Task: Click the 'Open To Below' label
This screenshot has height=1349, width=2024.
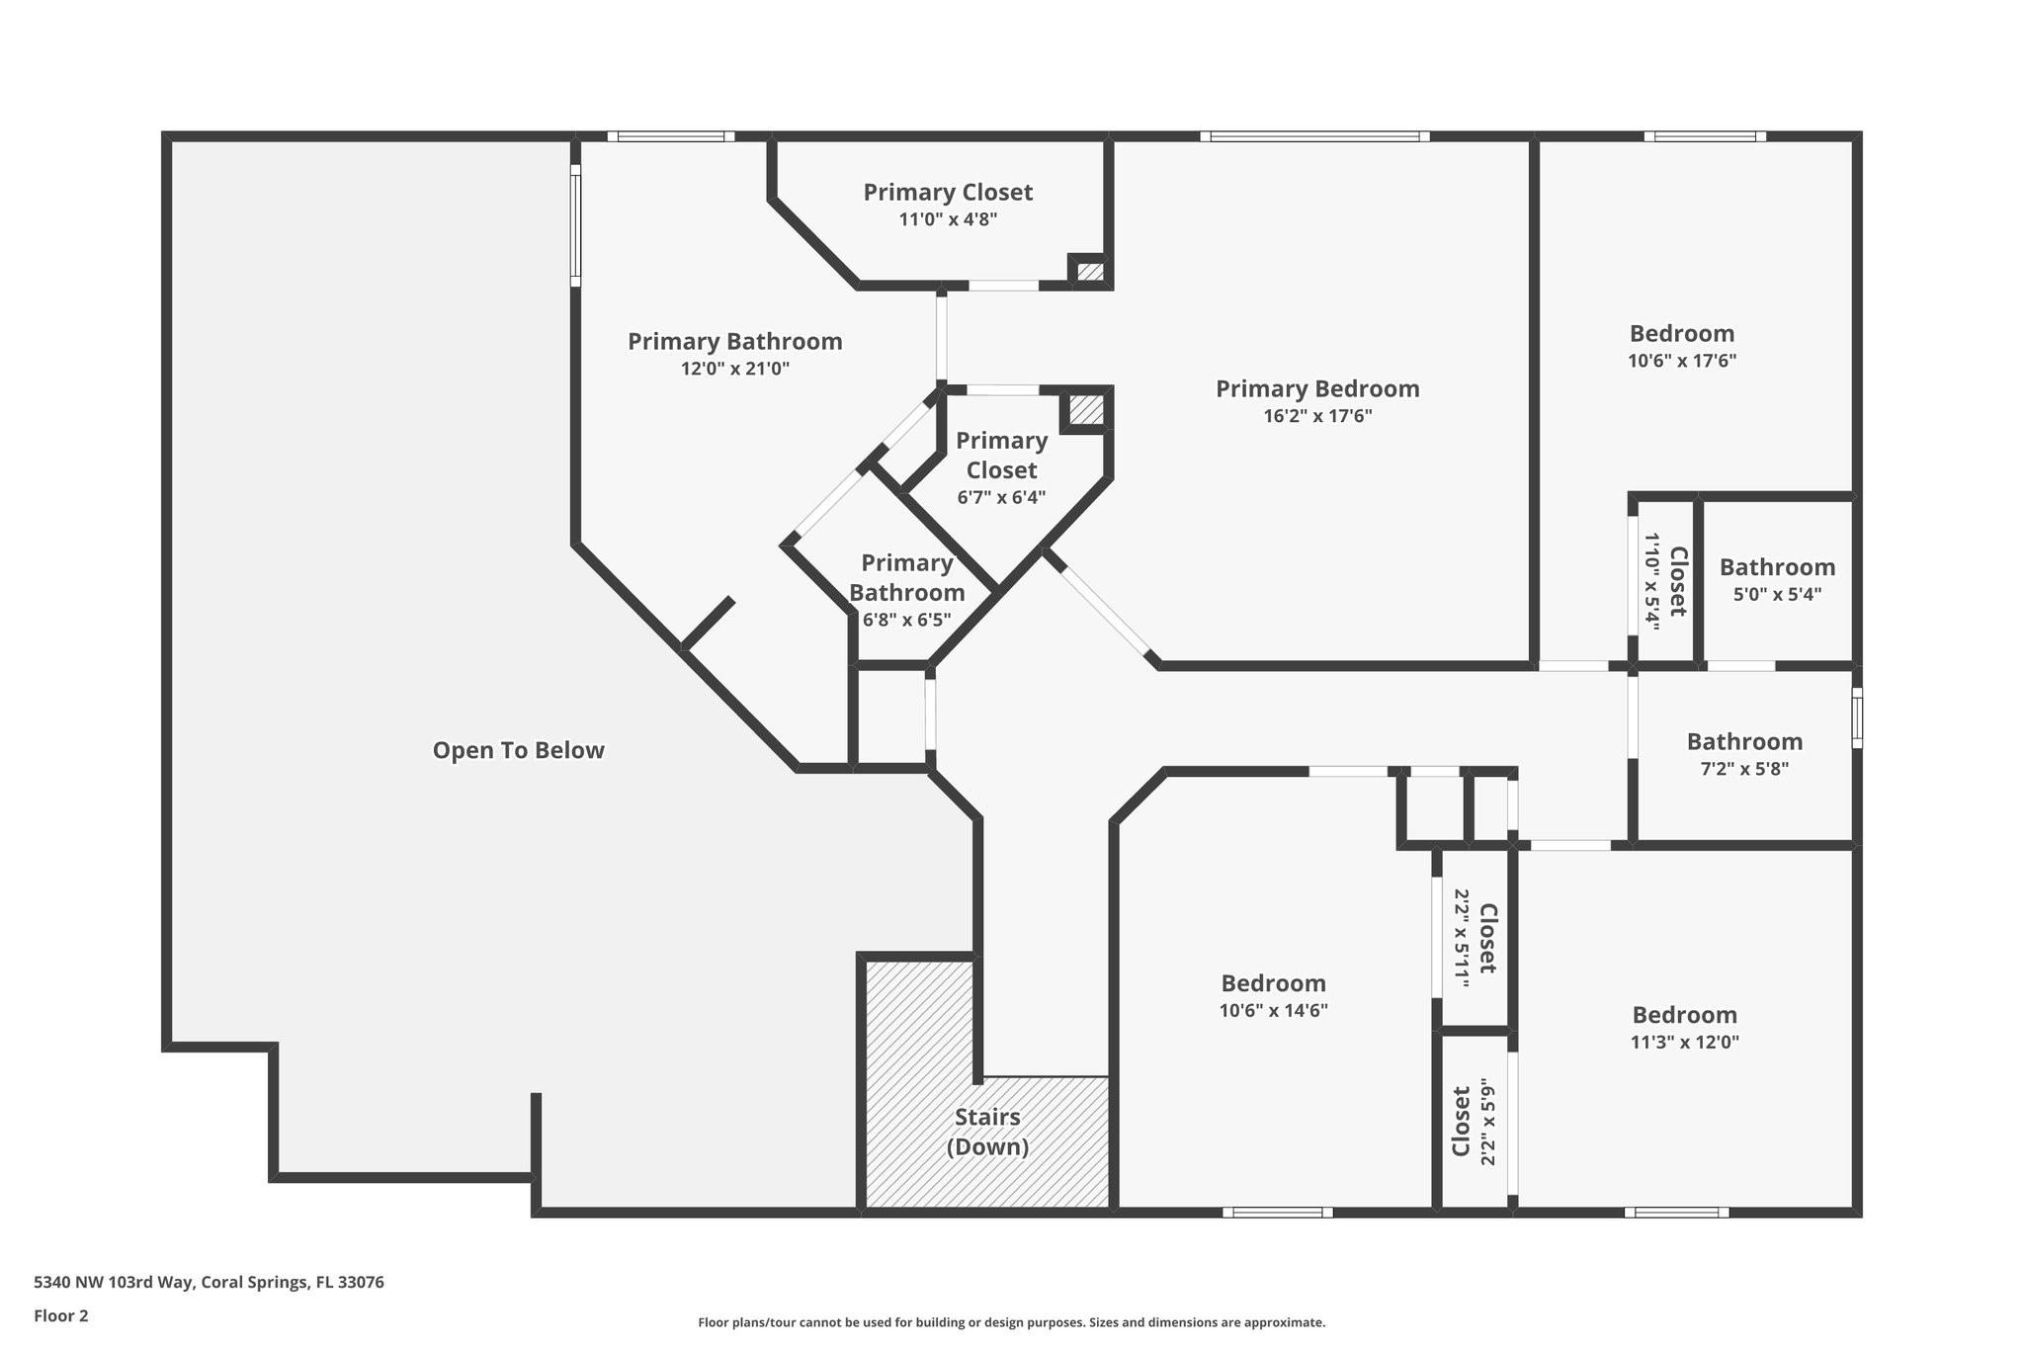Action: (x=518, y=750)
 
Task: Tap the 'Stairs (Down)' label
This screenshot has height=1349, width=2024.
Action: (x=987, y=1132)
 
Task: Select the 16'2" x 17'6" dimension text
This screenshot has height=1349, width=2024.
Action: (x=1317, y=416)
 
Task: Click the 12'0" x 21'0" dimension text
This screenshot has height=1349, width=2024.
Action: (x=734, y=369)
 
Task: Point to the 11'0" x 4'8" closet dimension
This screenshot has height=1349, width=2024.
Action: (x=948, y=219)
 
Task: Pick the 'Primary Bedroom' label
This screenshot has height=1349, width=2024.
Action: (x=1317, y=388)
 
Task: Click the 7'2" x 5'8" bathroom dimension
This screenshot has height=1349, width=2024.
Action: (x=1744, y=768)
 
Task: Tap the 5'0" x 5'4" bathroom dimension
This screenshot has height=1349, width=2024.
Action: (x=1777, y=594)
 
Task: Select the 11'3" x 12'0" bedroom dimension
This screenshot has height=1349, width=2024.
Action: (x=1684, y=1042)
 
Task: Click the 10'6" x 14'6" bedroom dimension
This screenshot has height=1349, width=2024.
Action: (x=1273, y=1010)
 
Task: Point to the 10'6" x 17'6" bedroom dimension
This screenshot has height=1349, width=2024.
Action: (x=1681, y=361)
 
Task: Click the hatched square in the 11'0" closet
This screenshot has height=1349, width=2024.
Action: (x=1089, y=271)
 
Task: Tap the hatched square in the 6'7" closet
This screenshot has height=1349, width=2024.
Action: (x=1085, y=410)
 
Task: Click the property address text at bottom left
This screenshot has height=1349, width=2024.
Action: (x=209, y=1282)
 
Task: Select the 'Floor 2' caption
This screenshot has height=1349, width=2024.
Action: (x=61, y=1315)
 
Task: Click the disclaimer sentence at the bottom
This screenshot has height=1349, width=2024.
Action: (x=1011, y=1322)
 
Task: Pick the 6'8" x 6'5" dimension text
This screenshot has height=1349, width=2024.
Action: (x=906, y=620)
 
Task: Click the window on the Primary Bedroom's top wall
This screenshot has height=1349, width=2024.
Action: (x=1314, y=136)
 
